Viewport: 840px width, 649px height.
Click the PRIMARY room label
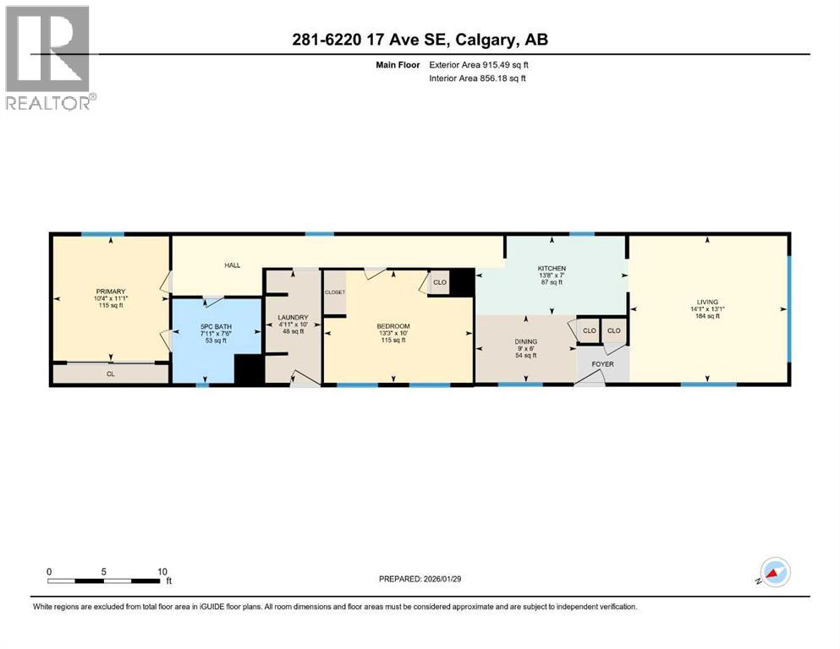[110, 292]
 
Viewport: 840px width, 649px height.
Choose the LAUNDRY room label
[293, 319]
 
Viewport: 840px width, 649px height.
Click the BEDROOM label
[393, 326]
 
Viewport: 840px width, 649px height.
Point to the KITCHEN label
[551, 269]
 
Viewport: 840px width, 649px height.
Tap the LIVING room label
[707, 302]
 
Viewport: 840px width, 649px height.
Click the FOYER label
[602, 364]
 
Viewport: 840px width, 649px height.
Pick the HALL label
[232, 265]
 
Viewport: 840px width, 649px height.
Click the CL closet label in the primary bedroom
[110, 373]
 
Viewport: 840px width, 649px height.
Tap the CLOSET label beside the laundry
[334, 292]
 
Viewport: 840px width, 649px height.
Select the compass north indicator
[776, 572]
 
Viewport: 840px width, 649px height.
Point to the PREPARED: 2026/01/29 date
[420, 579]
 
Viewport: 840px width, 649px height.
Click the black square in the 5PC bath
[249, 370]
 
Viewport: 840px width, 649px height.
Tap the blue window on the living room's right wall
[788, 309]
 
